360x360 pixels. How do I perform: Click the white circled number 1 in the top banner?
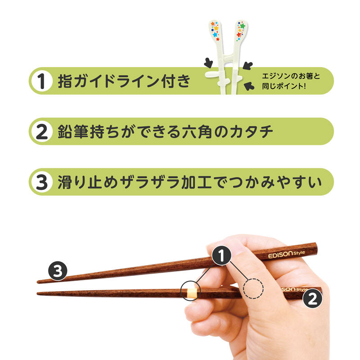pyautogui.click(x=41, y=81)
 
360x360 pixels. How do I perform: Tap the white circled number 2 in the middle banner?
pyautogui.click(x=41, y=131)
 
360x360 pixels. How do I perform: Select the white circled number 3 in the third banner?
pyautogui.click(x=41, y=182)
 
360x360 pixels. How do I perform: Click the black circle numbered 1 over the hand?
pyautogui.click(x=221, y=256)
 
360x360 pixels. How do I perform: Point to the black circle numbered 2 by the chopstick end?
pyautogui.click(x=312, y=298)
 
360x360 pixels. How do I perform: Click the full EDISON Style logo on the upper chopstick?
pyautogui.click(x=286, y=254)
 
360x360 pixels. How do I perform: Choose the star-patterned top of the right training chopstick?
pyautogui.click(x=240, y=30)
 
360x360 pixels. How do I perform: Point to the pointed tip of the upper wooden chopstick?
pyautogui.click(x=38, y=282)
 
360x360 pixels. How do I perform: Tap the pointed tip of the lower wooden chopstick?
pyautogui.click(x=38, y=293)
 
